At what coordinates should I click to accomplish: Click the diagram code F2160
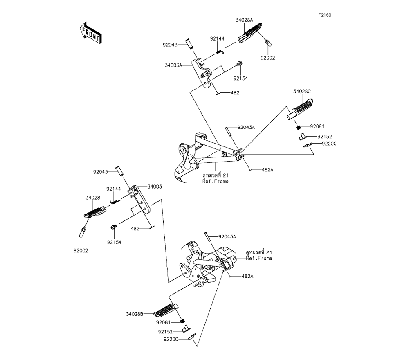tap(325, 15)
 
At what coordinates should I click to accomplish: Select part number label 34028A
tap(245, 20)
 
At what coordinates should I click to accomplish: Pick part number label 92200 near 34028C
tap(329, 144)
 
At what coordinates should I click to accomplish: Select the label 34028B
tap(135, 314)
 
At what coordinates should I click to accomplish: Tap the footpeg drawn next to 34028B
tap(166, 311)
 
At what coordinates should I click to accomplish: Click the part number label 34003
tap(155, 187)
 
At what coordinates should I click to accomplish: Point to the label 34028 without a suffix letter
tap(92, 198)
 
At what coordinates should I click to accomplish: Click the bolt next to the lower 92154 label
tap(113, 226)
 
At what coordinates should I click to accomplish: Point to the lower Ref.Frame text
tap(259, 259)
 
